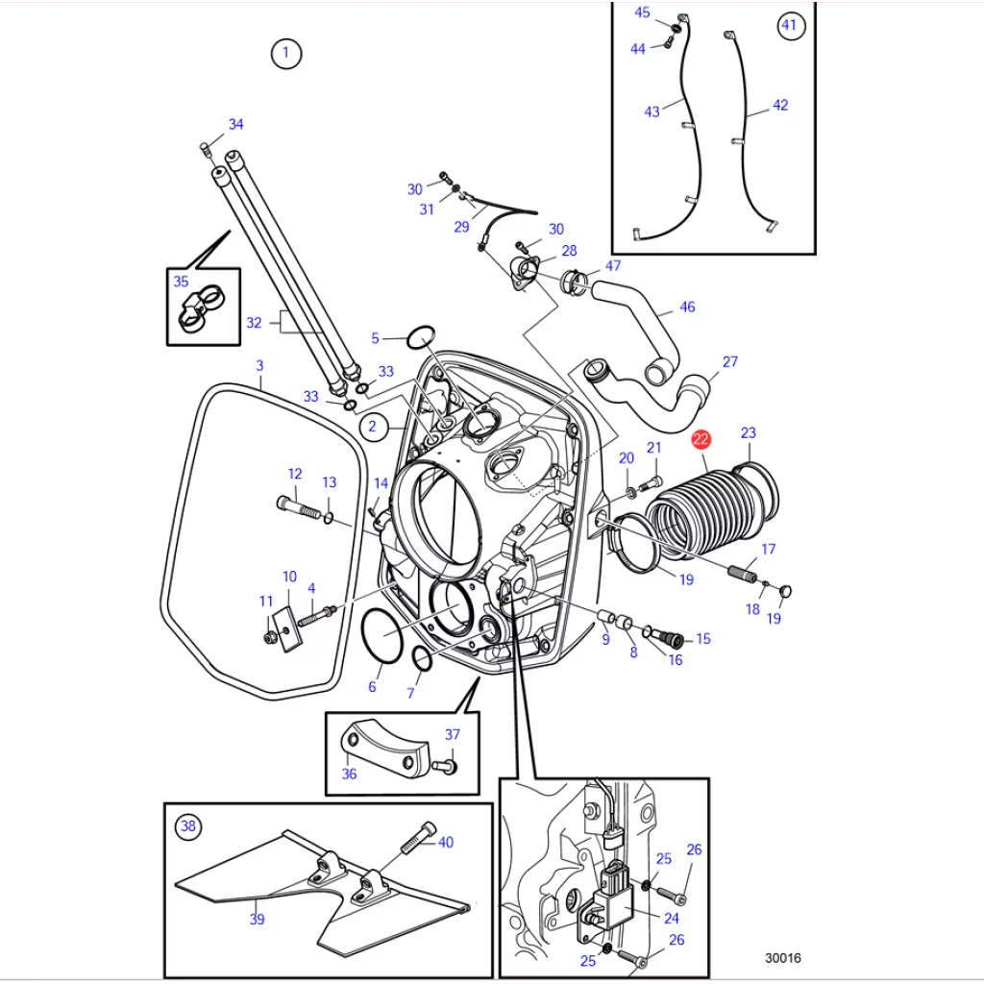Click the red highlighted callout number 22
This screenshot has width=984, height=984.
pyautogui.click(x=701, y=439)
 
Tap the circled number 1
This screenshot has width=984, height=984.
pyautogui.click(x=286, y=54)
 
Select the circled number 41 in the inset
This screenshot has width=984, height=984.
pyautogui.click(x=790, y=26)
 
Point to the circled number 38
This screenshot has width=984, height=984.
pyautogui.click(x=188, y=825)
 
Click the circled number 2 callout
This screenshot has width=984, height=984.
pyautogui.click(x=374, y=427)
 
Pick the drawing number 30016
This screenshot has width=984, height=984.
pyautogui.click(x=782, y=958)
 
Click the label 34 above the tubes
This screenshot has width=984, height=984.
pyautogui.click(x=236, y=124)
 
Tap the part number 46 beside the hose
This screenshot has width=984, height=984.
pyautogui.click(x=687, y=307)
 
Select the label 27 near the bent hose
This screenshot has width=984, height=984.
pyautogui.click(x=730, y=361)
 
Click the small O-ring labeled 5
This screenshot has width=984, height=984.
pyautogui.click(x=421, y=337)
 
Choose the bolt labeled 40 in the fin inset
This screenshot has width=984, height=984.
pyautogui.click(x=417, y=838)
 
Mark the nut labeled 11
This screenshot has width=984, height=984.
pyautogui.click(x=269, y=638)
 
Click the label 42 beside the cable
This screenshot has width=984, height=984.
pyautogui.click(x=780, y=105)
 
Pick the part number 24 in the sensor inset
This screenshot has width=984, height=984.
pyautogui.click(x=672, y=918)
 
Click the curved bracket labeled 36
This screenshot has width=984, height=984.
pyautogui.click(x=384, y=748)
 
